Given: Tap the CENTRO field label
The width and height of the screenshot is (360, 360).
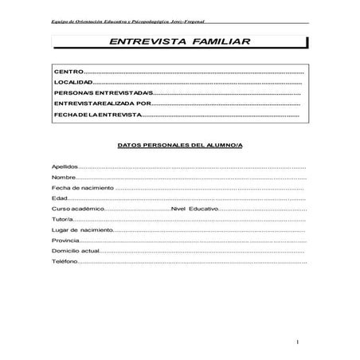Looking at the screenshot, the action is coord(67,72).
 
